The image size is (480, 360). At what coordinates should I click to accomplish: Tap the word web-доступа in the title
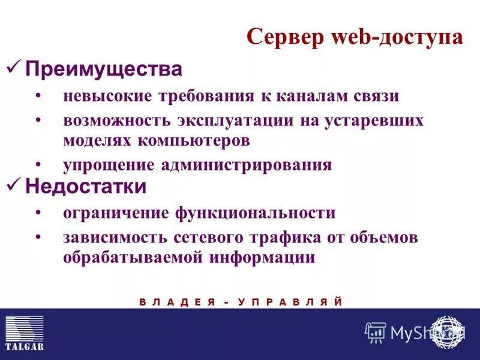pos(396,37)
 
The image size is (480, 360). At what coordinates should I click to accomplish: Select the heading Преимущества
pos(104,69)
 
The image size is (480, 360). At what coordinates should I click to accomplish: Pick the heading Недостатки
pos(86,187)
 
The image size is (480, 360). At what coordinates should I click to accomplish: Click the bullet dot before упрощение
pos(38,164)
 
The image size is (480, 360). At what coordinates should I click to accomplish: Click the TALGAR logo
pos(24,333)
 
